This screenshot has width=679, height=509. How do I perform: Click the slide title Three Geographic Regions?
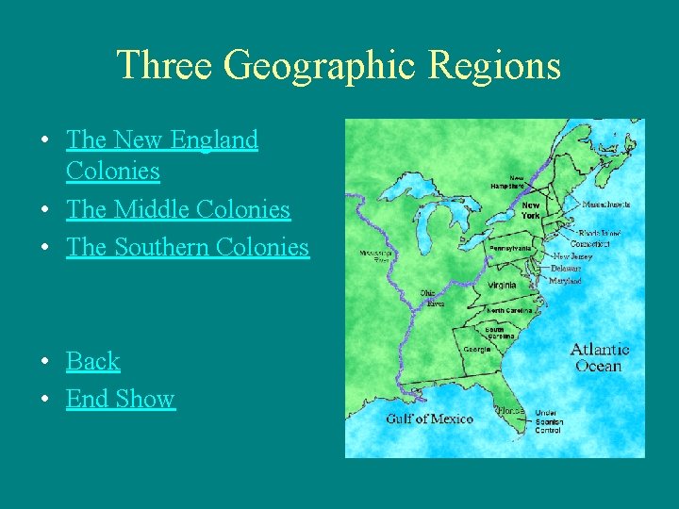click(x=339, y=66)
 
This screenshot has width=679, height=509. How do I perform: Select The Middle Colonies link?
click(x=178, y=209)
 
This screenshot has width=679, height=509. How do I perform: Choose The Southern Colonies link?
click(x=188, y=247)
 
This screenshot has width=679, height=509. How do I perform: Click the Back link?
click(x=93, y=361)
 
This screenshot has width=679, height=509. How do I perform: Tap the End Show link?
click(x=121, y=399)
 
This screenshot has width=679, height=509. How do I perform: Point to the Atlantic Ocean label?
click(x=599, y=357)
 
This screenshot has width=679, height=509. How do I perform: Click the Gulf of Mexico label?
click(x=429, y=419)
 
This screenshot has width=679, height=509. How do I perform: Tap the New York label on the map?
click(x=531, y=209)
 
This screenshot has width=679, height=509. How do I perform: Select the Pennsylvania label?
click(x=509, y=248)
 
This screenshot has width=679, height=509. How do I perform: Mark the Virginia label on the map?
click(x=502, y=285)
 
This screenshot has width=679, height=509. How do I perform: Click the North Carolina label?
click(x=510, y=310)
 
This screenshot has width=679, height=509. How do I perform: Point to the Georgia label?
click(x=477, y=349)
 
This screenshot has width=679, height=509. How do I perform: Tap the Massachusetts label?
click(x=606, y=204)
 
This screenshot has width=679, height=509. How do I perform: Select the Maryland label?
click(x=566, y=281)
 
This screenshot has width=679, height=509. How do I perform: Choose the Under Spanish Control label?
click(x=548, y=421)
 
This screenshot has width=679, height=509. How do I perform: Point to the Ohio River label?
click(x=434, y=298)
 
